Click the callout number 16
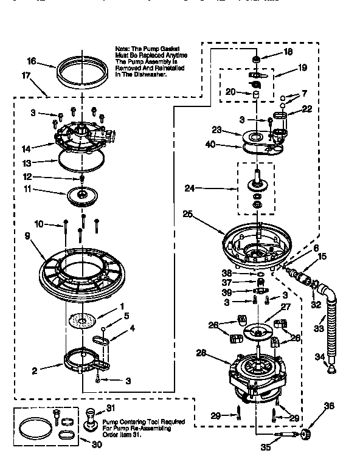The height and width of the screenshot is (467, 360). [x=32, y=61]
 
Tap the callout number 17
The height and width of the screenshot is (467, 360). [x=26, y=77]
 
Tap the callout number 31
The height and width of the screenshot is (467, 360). [x=110, y=407]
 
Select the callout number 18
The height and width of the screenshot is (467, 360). [x=288, y=52]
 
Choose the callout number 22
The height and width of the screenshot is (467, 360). [x=306, y=109]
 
